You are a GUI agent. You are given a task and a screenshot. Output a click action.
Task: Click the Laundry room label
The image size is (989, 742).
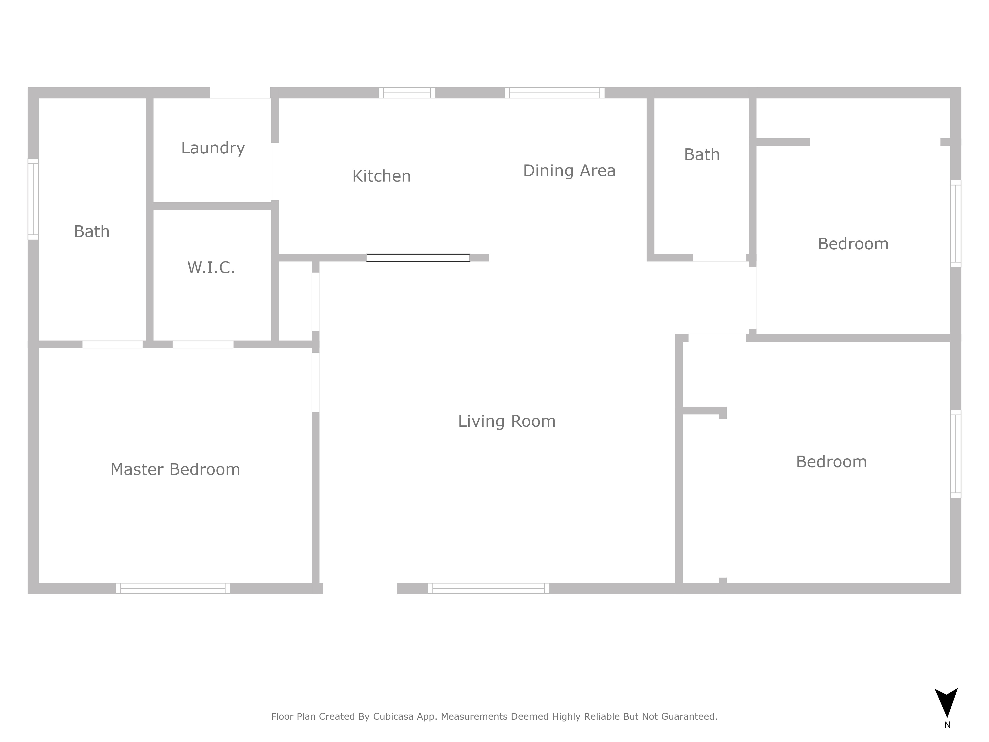(213, 148)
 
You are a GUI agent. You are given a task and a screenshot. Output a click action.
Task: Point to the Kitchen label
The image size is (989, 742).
(381, 176)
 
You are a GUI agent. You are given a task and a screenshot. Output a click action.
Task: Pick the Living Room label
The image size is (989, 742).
(507, 421)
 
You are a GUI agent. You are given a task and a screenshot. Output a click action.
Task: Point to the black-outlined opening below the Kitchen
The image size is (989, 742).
(418, 258)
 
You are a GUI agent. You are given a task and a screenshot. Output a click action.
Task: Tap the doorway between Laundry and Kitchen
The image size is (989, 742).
(275, 171)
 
